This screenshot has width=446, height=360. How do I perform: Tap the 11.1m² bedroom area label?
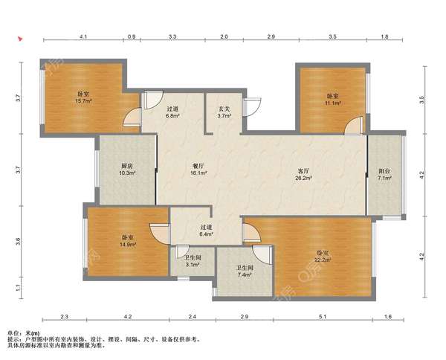point(332,100)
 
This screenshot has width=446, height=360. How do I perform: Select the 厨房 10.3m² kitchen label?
point(127,169)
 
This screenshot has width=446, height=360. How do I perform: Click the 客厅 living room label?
point(303,175)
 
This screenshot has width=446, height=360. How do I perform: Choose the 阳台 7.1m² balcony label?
point(384,175)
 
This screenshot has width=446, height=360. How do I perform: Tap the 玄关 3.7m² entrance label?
point(224,112)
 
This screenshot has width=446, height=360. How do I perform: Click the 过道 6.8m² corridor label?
point(172,112)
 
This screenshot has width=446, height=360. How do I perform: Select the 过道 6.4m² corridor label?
point(207,231)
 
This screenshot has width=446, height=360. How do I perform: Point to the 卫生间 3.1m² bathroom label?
point(193,261)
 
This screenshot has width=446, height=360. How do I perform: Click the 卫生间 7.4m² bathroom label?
point(245,271)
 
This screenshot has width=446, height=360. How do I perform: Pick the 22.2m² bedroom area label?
point(323,257)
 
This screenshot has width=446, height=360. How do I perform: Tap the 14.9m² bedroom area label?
point(129,241)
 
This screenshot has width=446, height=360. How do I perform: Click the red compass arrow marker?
point(20,39)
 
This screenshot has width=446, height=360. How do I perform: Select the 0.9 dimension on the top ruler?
point(132,36)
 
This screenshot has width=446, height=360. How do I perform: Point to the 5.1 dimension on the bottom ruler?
point(323,316)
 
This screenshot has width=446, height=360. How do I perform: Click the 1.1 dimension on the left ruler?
point(18,288)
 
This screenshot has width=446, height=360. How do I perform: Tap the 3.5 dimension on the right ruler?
point(421,100)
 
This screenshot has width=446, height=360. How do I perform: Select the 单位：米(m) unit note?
point(24,332)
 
